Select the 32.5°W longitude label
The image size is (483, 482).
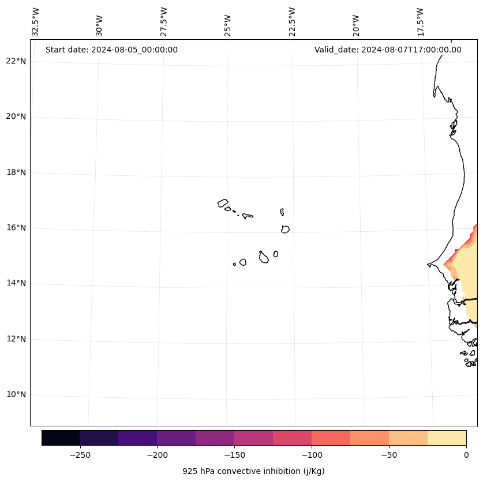click(36, 22)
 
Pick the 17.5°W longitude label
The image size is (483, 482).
click(420, 22)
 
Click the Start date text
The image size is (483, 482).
click(111, 50)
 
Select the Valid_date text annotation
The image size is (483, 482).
click(388, 50)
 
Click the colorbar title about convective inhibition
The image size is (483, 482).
click(253, 471)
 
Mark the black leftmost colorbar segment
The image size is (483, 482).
click(61, 438)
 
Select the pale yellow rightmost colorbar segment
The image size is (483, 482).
click(447, 438)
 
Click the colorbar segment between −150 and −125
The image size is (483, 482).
click(253, 438)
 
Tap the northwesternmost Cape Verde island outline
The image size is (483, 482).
click(223, 203)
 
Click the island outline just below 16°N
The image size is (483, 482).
click(285, 229)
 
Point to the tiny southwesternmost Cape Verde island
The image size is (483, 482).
click(234, 264)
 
